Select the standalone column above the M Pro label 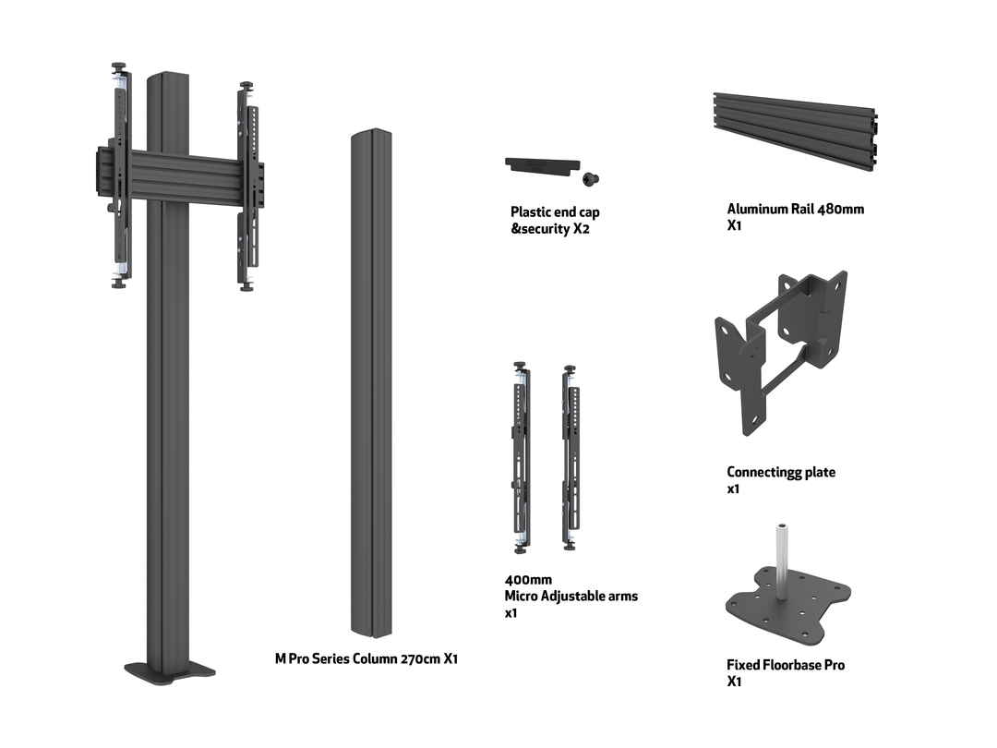[371, 383]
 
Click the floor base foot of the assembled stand [171, 670]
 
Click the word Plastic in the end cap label [532, 212]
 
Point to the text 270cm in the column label [421, 658]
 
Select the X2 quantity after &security [581, 229]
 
